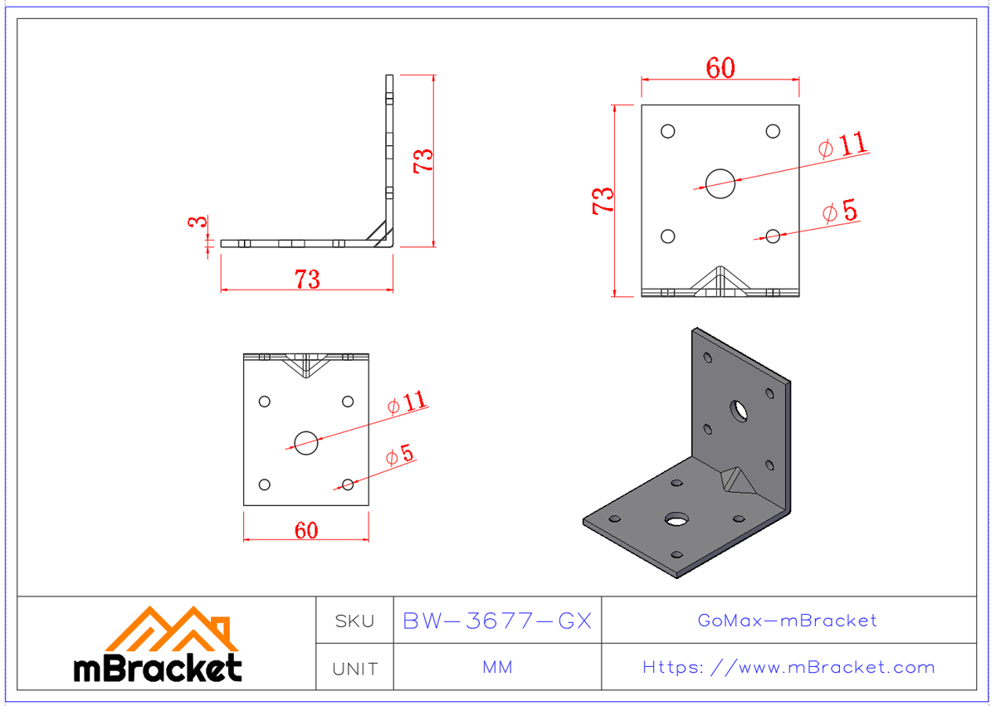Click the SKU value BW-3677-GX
496,621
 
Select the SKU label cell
354,621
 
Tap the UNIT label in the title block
354,668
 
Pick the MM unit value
496,668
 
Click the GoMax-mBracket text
787,621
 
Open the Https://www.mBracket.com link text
788,668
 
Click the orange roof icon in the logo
172,630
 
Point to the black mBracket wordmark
158,668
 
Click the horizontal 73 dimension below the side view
307,280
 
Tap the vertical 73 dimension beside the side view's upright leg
423,159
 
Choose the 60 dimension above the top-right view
720,69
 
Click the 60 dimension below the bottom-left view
306,530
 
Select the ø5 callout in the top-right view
840,212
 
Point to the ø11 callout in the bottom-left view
408,403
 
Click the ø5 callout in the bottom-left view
400,455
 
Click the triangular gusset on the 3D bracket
734,480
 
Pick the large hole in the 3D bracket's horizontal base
677,519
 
